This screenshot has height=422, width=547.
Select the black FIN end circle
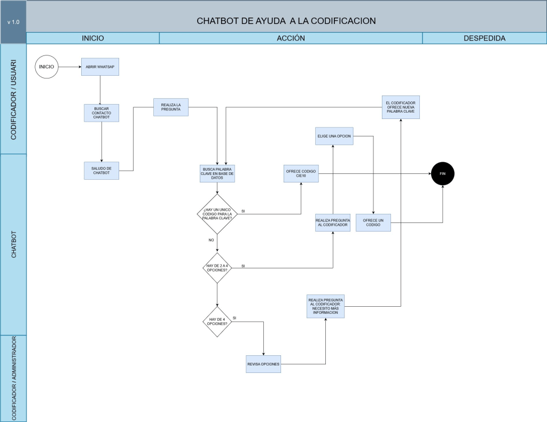click(443, 173)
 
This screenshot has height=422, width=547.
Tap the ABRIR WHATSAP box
click(100, 67)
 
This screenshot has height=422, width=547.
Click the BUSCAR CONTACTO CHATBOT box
click(101, 113)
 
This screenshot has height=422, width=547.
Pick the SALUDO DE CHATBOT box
click(101, 171)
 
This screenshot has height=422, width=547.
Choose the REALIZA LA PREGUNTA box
click(171, 107)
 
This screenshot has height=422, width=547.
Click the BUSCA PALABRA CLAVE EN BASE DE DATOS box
click(217, 173)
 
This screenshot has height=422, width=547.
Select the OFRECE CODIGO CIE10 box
click(301, 173)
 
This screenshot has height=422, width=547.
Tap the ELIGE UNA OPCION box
click(334, 136)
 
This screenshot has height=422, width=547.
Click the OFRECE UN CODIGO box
click(373, 222)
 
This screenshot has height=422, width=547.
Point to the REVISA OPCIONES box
click(263, 364)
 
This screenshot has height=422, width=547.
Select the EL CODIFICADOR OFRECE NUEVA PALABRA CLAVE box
click(401, 107)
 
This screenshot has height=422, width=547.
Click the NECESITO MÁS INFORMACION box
click(325, 306)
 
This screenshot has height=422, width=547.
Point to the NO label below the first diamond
click(211, 240)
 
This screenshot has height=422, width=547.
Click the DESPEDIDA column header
click(485, 38)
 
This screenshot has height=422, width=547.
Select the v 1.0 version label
click(13, 22)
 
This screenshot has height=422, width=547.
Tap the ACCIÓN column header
click(291, 38)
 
